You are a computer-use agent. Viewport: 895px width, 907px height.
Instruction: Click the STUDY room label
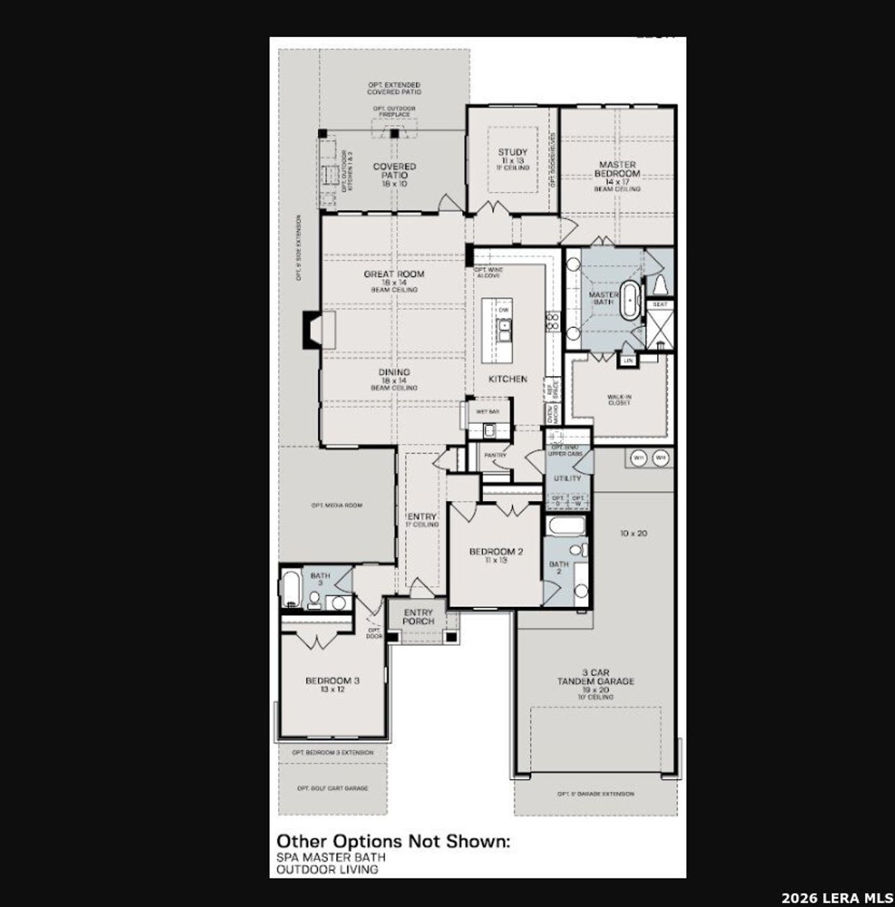click(513, 152)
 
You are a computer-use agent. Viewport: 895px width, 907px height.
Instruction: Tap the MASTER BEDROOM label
click(617, 169)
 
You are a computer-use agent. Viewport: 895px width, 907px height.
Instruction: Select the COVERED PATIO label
click(394, 171)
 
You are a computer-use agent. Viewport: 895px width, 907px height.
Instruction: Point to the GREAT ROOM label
click(394, 274)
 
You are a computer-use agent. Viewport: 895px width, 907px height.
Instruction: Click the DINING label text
click(394, 373)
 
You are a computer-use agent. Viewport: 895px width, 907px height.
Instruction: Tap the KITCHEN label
click(508, 379)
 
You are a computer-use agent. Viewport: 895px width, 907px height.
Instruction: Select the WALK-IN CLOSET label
click(619, 399)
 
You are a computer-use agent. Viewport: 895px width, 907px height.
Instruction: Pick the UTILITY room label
click(567, 478)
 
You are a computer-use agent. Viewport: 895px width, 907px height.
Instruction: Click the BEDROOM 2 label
click(496, 552)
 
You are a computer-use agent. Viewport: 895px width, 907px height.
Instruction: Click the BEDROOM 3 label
click(332, 681)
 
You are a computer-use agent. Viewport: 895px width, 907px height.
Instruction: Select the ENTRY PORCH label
click(418, 617)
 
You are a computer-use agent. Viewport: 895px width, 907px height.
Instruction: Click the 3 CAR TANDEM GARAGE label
click(596, 677)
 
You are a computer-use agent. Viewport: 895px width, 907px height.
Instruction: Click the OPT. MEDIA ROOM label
click(337, 505)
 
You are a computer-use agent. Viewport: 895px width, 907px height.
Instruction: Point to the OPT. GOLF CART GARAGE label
click(332, 788)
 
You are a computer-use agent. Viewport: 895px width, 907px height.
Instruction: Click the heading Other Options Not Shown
click(393, 841)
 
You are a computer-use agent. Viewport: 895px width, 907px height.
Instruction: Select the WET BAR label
click(487, 412)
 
